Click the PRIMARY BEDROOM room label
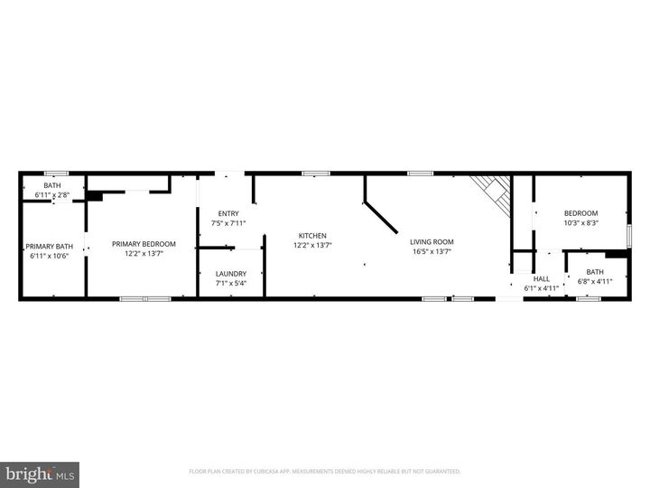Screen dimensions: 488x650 point(144,244)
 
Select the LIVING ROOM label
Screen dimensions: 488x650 point(432,241)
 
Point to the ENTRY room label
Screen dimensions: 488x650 point(227,213)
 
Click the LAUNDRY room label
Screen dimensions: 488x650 point(229,274)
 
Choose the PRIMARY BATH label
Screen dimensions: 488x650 point(49,247)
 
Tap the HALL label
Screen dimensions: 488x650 point(542,279)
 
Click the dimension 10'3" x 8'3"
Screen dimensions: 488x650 point(581,222)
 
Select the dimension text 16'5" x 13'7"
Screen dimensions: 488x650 point(432,252)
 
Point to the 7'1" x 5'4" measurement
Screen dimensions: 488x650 point(229,283)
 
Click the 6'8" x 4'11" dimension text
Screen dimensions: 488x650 point(595,281)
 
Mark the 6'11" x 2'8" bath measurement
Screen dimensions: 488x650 point(52,195)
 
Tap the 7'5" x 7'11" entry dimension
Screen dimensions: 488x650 point(227,223)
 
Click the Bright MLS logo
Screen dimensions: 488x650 point(40,474)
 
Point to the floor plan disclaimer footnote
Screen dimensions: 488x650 point(325,471)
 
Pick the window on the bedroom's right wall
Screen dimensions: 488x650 point(629,234)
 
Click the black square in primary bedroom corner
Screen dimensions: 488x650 point(95,194)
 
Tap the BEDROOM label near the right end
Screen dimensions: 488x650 point(581,213)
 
